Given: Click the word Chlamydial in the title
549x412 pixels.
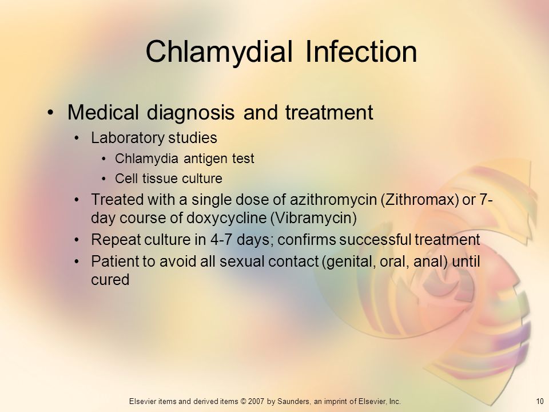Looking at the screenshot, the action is (x=219, y=52).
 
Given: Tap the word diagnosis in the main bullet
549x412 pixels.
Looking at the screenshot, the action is (x=190, y=113).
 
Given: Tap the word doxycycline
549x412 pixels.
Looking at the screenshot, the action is (x=226, y=218).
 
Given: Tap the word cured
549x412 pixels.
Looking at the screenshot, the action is (x=110, y=280).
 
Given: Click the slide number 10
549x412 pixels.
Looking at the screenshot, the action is (x=539, y=402).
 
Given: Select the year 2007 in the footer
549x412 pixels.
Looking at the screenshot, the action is (x=256, y=402).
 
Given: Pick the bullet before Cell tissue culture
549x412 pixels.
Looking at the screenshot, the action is (x=104, y=179).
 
